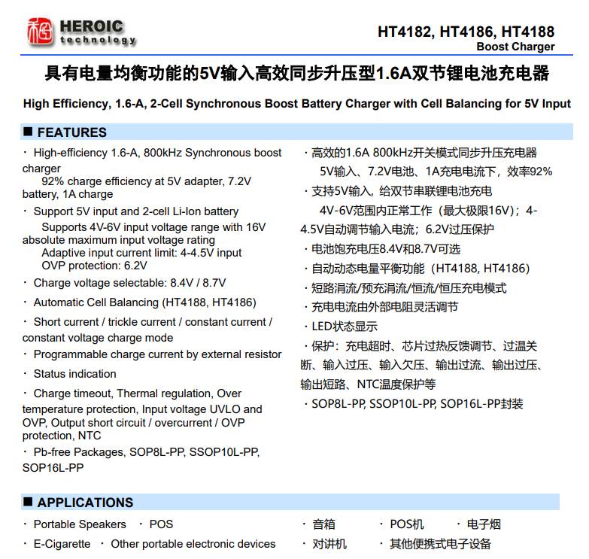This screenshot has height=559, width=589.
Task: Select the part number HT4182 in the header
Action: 405,32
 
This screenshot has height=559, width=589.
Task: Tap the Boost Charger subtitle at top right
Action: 515,47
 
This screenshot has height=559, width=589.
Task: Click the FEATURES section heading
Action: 71,132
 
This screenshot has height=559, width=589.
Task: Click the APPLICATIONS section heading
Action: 85,503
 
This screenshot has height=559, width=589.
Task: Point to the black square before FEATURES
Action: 28,132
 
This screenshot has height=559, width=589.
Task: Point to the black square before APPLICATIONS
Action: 28,502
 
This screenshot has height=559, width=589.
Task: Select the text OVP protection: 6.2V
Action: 94,266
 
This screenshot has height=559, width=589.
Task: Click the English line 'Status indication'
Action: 74,374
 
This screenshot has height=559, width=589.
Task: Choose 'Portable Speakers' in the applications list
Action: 80,524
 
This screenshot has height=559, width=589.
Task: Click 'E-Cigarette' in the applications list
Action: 62,544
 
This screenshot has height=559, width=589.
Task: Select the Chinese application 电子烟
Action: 484,524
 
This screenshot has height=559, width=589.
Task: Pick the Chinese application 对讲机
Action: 329,544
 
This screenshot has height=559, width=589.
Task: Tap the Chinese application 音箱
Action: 323,524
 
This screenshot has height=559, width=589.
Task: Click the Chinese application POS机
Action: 406,524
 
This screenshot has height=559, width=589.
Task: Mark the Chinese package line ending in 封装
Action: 417,404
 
